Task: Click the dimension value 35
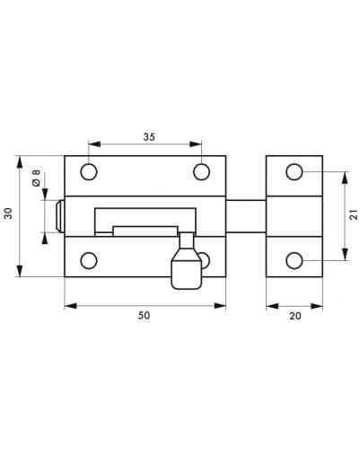149,137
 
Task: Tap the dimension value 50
144,316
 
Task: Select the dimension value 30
8,213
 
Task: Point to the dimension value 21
354,214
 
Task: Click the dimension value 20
295,316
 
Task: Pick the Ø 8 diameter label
36,179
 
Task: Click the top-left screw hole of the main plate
89,172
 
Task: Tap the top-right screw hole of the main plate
201,172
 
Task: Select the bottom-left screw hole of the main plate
89,260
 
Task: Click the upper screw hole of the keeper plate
294,172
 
